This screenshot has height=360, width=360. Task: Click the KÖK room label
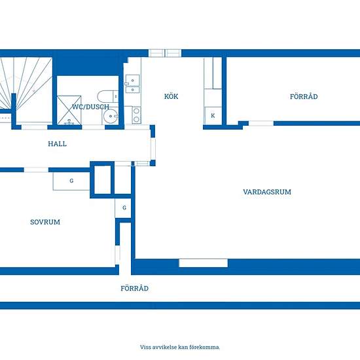pyautogui.click(x=171, y=96)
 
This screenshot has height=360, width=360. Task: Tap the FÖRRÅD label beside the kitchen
pyautogui.click(x=304, y=96)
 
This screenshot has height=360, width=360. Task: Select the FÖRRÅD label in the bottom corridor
pyautogui.click(x=135, y=288)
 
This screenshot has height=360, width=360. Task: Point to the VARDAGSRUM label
pyautogui.click(x=267, y=192)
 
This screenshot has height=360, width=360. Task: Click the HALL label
pyautogui.click(x=58, y=144)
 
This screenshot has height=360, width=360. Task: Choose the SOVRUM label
pyautogui.click(x=45, y=222)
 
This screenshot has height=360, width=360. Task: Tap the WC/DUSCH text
pyautogui.click(x=90, y=107)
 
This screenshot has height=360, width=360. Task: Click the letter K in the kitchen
pyautogui.click(x=213, y=116)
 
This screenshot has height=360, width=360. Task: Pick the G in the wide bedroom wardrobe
pyautogui.click(x=71, y=181)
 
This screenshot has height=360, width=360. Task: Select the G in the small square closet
pyautogui.click(x=124, y=207)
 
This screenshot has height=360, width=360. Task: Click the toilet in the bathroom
pyautogui.click(x=108, y=96)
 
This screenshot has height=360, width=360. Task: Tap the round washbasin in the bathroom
pyautogui.click(x=111, y=117)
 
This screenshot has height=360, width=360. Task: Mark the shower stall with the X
pyautogui.click(x=69, y=110)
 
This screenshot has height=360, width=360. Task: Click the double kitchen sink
pyautogui.click(x=132, y=84)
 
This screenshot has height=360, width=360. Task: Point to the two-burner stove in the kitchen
pyautogui.click(x=136, y=115)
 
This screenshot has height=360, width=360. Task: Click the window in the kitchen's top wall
pyautogui.click(x=164, y=53)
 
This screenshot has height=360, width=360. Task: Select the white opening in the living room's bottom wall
pyautogui.click(x=204, y=263)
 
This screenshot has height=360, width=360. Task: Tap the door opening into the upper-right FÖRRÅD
pyautogui.click(x=261, y=123)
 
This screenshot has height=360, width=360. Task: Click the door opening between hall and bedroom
pyautogui.click(x=36, y=170)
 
